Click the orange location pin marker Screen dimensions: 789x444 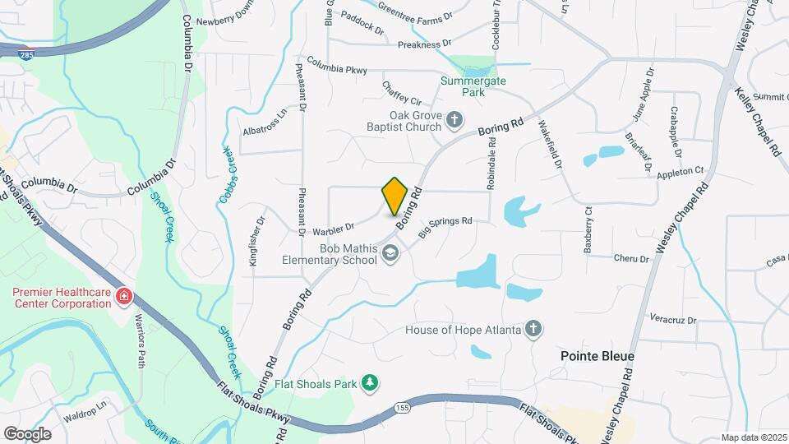click(394, 196)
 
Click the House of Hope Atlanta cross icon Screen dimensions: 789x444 click(533, 330)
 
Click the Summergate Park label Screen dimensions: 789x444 click(473, 86)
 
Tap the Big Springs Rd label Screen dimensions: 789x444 click(445, 227)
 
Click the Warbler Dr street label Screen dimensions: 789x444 click(332, 227)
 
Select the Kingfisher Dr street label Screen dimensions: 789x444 click(256, 241)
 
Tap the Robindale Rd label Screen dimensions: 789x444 click(491, 164)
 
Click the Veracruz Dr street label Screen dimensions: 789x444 click(672, 320)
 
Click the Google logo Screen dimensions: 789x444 click(27, 433)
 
